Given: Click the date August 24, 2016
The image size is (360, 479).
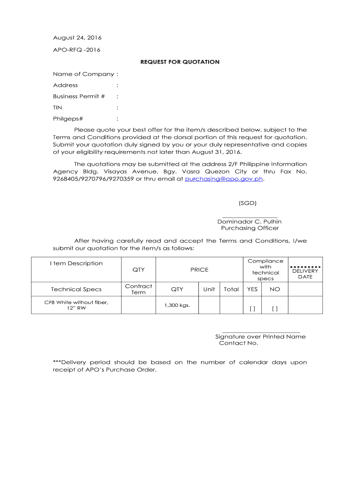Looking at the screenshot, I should click(x=77, y=37).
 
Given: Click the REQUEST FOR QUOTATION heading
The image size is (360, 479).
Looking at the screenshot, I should click(x=180, y=62).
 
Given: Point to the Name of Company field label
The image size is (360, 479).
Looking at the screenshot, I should click(x=83, y=74).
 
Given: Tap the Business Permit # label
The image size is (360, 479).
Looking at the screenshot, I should click(x=79, y=96).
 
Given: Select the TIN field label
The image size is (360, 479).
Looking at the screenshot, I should click(x=58, y=108).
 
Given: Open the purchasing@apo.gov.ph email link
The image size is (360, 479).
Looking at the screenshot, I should click(x=224, y=179).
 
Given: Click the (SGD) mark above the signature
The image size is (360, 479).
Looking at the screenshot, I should click(x=247, y=203).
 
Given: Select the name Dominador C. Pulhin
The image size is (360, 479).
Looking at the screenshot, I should click(x=249, y=221).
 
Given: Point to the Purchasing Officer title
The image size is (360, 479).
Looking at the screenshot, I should click(x=250, y=228).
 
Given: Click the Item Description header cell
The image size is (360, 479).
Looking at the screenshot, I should click(x=76, y=263).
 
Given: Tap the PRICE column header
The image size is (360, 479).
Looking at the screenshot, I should click(x=199, y=269).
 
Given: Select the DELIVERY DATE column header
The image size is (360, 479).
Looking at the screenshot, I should click(x=305, y=274).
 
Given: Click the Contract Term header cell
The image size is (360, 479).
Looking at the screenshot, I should click(x=138, y=289).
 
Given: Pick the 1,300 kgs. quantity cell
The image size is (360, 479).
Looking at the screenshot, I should click(x=176, y=305).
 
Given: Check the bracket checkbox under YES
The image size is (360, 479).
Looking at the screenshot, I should click(x=252, y=309).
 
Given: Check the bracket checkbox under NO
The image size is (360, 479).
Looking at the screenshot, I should click(x=274, y=309).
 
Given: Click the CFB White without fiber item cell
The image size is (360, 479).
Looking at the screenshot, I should click(x=76, y=305).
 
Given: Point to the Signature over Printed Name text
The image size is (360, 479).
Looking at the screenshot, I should click(x=260, y=336).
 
